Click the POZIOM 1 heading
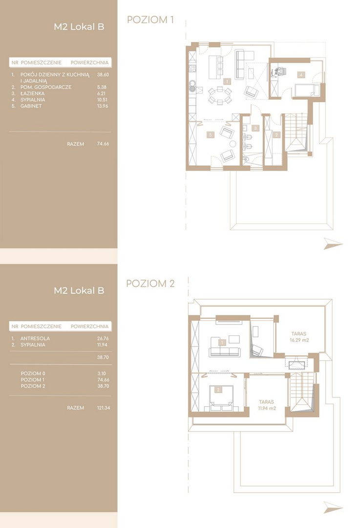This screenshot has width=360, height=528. pos(150,20)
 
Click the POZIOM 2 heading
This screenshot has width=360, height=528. pos(150,284)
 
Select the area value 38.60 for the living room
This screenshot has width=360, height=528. pos(103,75)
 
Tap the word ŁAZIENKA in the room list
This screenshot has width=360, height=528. pos(32,93)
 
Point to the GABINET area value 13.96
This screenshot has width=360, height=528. pos(103,106)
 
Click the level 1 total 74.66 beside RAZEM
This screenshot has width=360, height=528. pos(103,143)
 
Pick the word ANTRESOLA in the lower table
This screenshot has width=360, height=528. pos(35,338)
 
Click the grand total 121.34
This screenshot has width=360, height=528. pos(104,407)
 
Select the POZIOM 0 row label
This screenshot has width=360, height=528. pos(33,374)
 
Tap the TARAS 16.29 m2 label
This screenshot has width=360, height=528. pos(299,337)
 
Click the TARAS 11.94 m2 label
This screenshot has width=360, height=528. pos(267,405)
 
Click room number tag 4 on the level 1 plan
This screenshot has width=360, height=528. pos(301,75)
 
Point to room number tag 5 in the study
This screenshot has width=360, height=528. pos(211,135)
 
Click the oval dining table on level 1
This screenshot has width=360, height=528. pos(220,95)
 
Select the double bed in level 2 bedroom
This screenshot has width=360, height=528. pos(221,398)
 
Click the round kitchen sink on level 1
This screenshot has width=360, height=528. pos(192,84)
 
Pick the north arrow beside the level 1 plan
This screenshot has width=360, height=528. pos(333,243)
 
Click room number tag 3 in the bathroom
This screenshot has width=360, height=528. pos(255,128)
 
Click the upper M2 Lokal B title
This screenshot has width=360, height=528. pos(79,27)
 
